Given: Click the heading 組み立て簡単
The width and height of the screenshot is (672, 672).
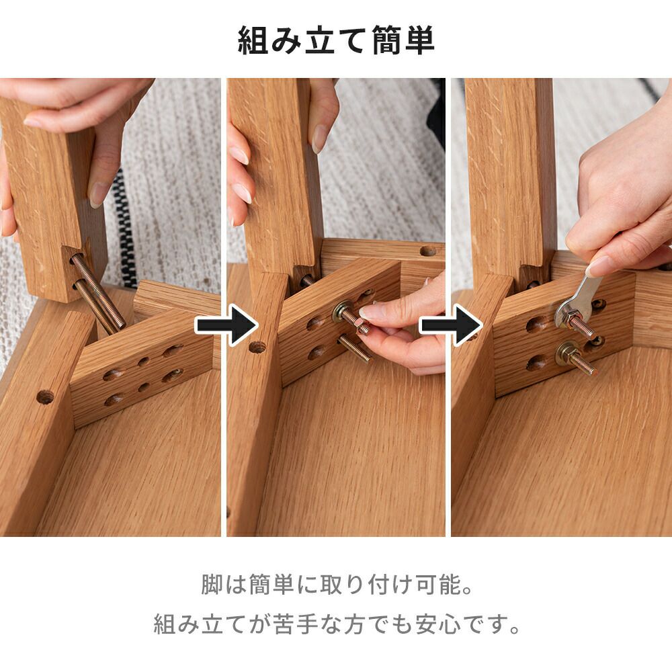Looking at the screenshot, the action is click(336, 40).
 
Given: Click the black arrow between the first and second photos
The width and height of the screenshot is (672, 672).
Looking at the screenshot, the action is click(226, 325).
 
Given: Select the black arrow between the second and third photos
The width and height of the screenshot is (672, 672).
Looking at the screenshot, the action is click(450, 325).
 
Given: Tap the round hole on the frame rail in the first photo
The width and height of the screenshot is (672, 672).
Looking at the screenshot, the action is click(45, 397).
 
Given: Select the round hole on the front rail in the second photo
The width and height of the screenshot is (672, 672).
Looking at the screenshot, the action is click(257, 347).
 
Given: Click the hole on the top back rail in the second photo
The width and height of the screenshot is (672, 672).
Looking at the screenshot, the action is click(427, 251).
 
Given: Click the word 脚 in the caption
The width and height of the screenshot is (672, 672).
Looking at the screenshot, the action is click(212, 585).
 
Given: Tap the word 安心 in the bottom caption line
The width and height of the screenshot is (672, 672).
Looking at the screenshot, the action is click(438, 624).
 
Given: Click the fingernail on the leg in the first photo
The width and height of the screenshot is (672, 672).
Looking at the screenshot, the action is click(97, 194).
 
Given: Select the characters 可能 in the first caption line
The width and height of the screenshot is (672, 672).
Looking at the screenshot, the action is click(438, 585).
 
